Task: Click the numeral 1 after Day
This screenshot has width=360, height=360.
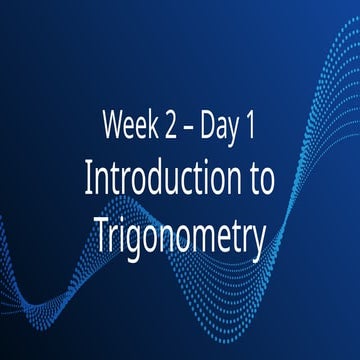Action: coord(256,126)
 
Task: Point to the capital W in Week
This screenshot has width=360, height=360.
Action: coord(113,126)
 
